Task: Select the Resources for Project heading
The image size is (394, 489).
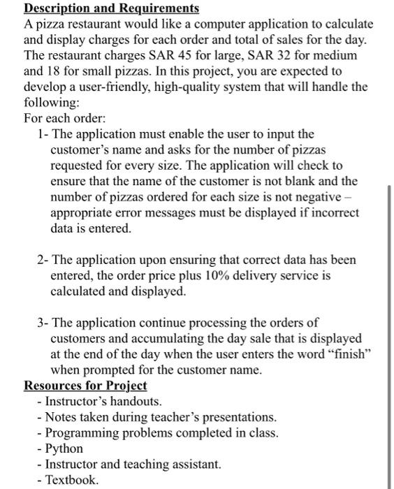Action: click(85, 386)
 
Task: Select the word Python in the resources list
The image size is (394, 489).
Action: click(64, 448)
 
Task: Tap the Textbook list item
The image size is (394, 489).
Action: click(72, 480)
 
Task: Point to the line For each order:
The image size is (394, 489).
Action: click(64, 117)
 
